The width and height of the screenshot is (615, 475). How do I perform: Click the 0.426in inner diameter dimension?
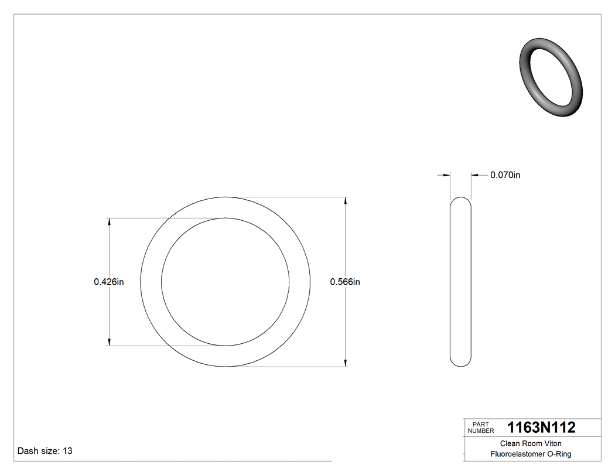tap(108, 282)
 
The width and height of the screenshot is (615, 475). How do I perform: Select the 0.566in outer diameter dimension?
tap(345, 282)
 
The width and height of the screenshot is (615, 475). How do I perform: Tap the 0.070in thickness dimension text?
tap(505, 175)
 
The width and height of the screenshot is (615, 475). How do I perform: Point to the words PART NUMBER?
tap(480, 428)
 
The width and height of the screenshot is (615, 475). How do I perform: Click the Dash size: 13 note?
tap(45, 451)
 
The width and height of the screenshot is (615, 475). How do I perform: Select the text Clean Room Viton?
tap(530, 443)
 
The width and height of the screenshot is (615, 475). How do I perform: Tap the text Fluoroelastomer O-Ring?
tap(531, 454)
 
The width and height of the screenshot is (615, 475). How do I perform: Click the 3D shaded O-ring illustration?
tap(551, 77)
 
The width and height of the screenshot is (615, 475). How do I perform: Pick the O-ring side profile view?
tap(460, 282)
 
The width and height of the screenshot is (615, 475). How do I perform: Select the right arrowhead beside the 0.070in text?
tap(475, 175)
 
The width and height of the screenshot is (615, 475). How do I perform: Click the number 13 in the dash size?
tap(67, 451)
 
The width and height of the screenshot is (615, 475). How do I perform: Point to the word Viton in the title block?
tap(552, 443)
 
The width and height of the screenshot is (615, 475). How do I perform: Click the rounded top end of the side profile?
tap(460, 200)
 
